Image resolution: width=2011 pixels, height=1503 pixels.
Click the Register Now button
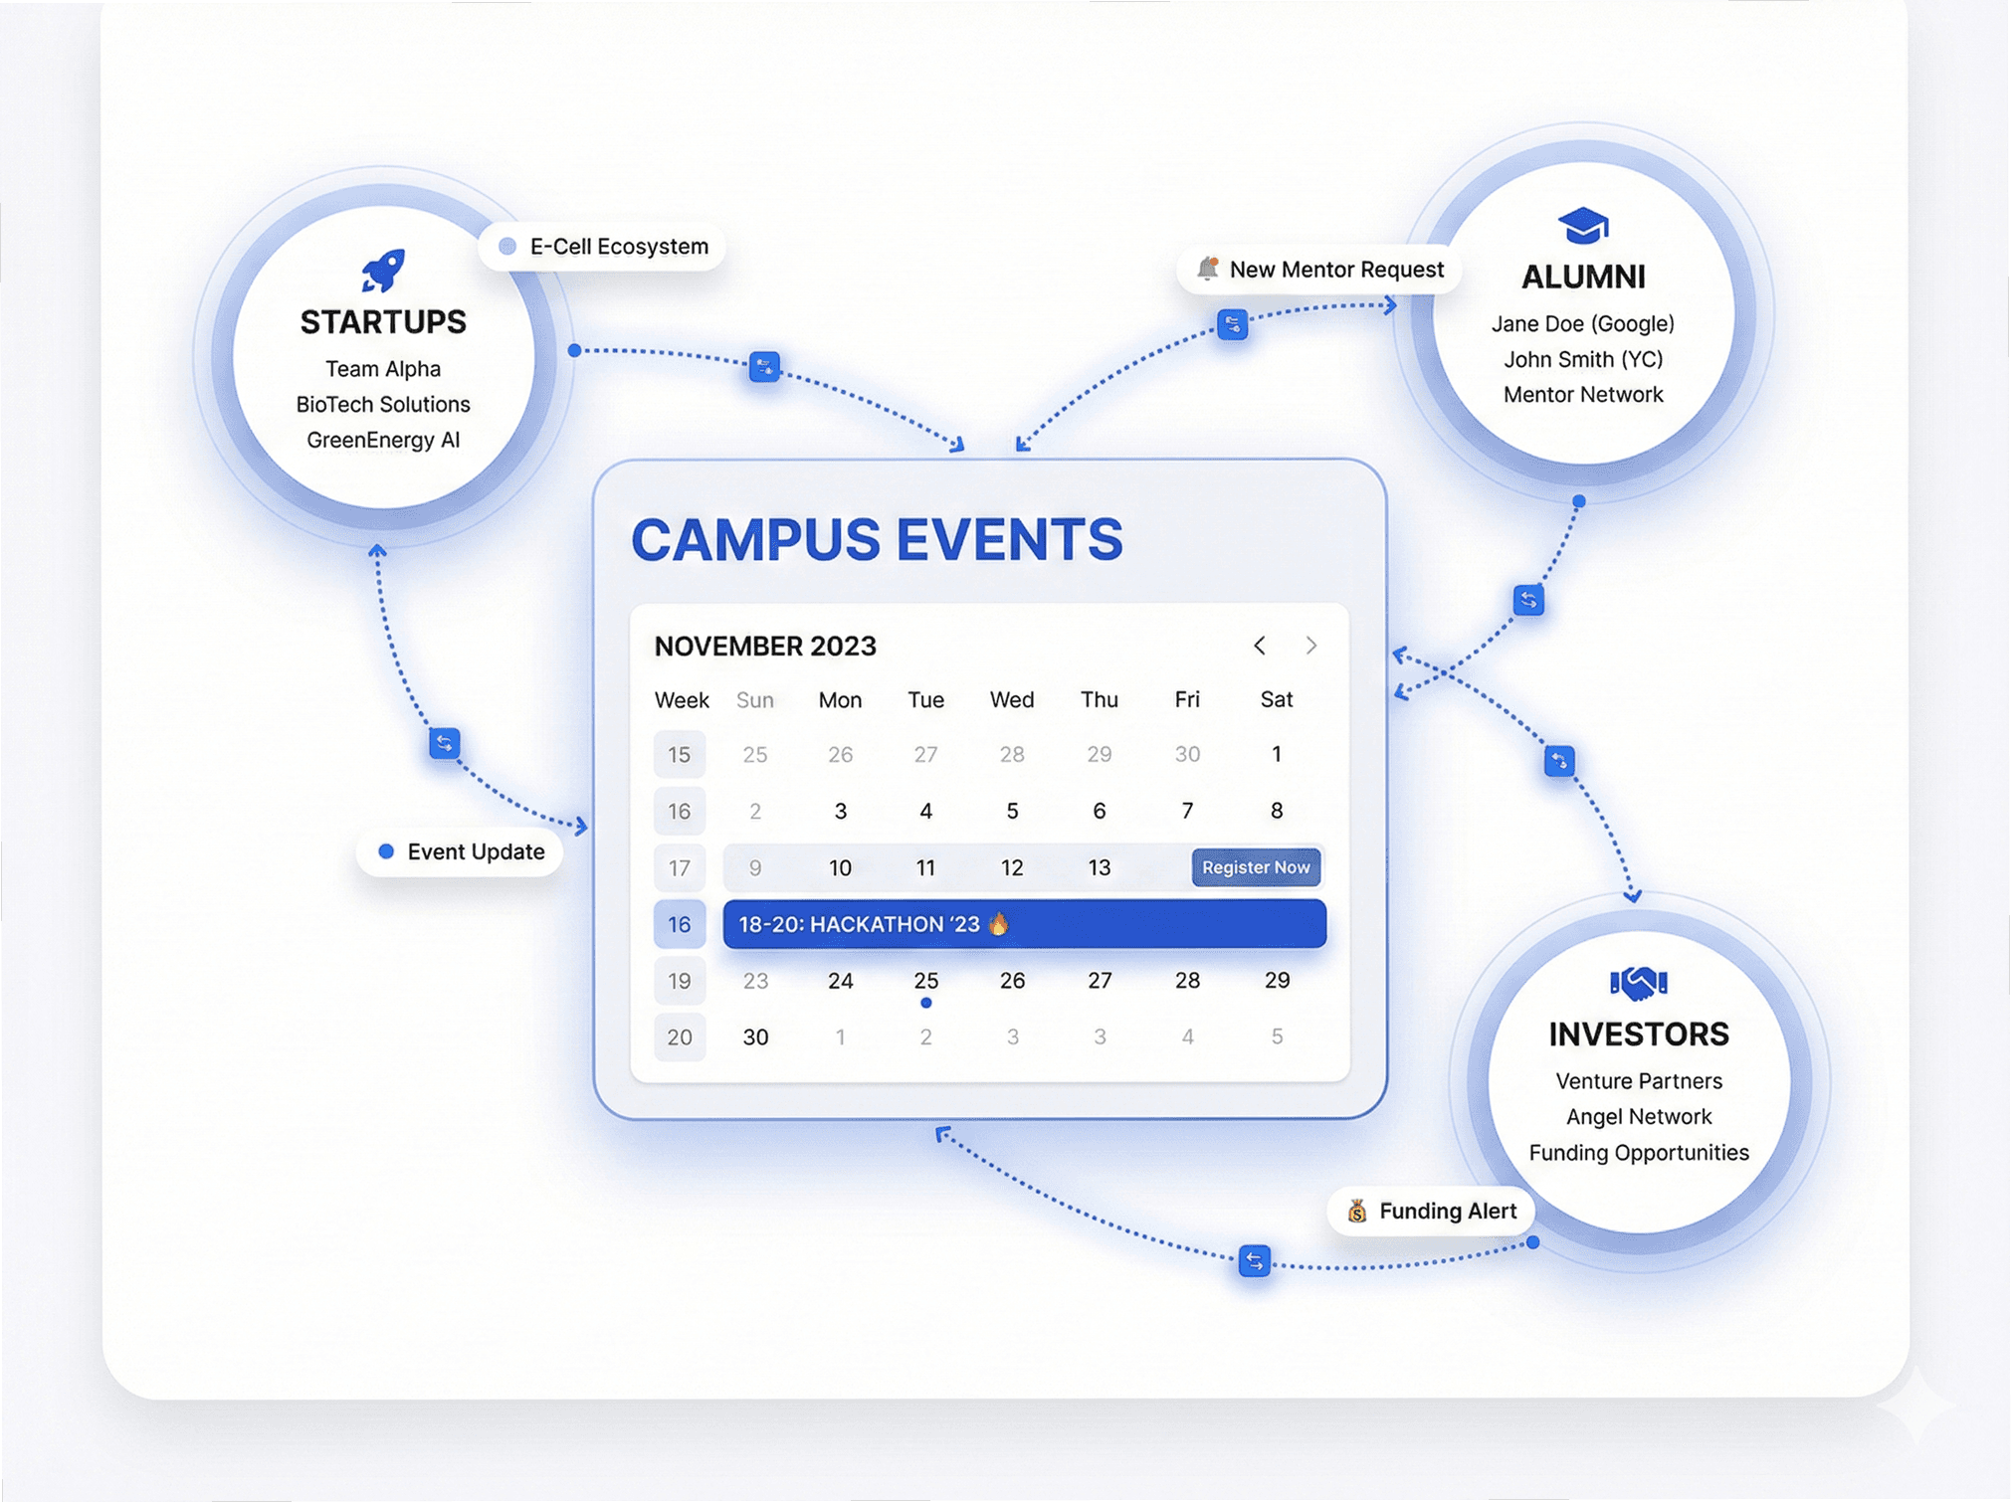click(1256, 867)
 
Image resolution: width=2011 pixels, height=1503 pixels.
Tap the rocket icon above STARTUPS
click(383, 270)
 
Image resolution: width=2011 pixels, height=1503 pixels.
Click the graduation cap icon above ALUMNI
click(1582, 226)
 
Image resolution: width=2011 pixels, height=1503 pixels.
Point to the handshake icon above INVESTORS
click(1638, 983)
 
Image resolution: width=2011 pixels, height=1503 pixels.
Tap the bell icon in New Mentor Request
click(1208, 269)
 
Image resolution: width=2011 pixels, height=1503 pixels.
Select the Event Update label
click(461, 851)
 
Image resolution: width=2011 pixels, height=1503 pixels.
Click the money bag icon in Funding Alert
click(1357, 1211)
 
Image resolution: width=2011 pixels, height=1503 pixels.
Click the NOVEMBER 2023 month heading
click(765, 647)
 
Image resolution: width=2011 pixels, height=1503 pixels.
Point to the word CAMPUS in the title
click(755, 540)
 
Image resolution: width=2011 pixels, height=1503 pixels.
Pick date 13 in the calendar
click(1099, 867)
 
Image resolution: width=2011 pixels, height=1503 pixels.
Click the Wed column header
click(1011, 699)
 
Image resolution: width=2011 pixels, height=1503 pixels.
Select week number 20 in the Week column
click(680, 1037)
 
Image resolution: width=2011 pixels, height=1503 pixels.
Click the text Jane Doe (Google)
click(1582, 323)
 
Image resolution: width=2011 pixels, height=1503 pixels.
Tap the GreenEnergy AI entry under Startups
click(383, 440)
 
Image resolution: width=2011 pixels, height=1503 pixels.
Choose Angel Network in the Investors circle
click(1638, 1116)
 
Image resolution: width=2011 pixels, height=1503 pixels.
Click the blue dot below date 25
click(925, 1003)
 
